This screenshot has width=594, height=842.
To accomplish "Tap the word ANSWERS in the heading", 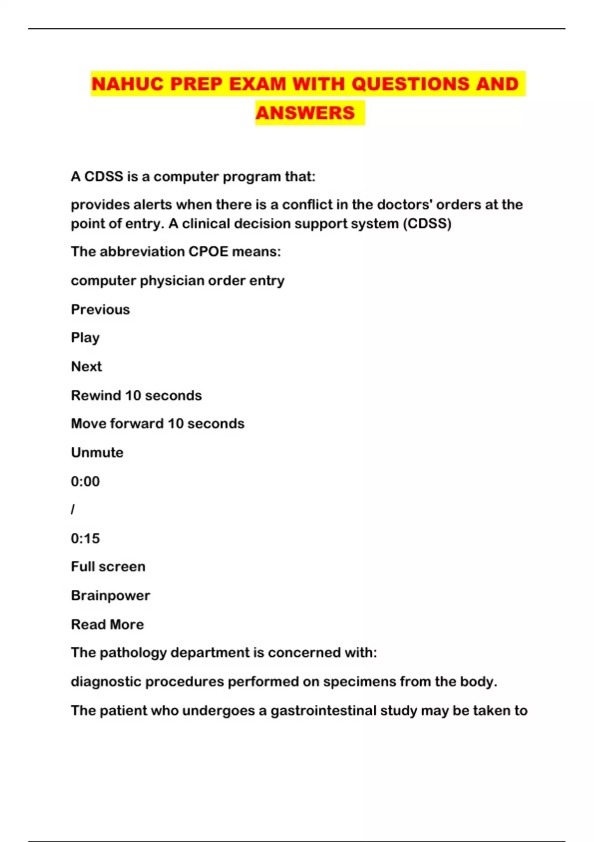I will (305, 113).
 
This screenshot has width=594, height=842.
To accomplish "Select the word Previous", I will (100, 310).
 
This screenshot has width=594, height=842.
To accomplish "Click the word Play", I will (85, 338).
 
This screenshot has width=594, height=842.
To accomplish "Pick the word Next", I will (87, 367).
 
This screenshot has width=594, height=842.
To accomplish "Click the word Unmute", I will (97, 453).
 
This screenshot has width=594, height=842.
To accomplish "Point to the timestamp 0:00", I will (85, 481).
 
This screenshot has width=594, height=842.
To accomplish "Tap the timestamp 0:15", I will (85, 538).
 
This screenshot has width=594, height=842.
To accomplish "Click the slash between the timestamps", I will (73, 510).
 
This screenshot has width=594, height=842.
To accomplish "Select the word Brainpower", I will (110, 595).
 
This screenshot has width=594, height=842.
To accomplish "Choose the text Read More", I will (107, 625).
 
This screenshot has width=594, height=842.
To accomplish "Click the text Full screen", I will (108, 567).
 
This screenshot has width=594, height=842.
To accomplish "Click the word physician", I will (172, 281).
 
